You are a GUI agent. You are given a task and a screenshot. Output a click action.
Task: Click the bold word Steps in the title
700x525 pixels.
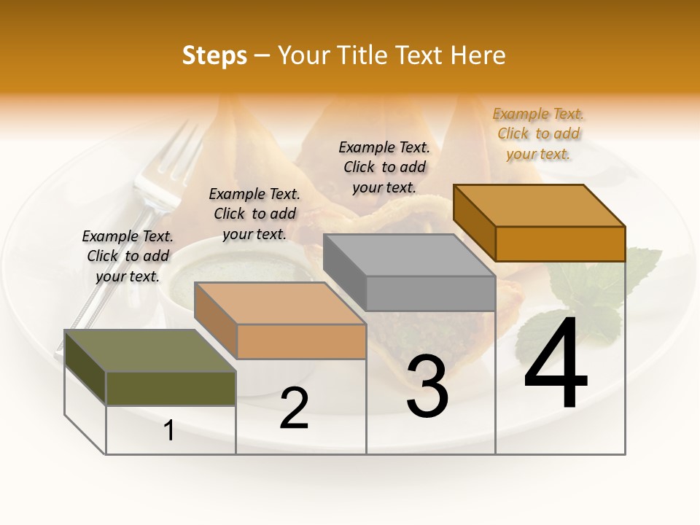point(214,55)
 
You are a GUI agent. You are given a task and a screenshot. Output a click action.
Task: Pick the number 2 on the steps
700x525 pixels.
point(294,408)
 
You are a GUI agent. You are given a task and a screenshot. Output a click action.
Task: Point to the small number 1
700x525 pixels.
point(169,431)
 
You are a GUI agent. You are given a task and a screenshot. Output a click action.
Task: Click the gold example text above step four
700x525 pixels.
point(538,133)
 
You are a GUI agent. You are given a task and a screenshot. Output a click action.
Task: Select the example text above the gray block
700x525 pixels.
point(384,167)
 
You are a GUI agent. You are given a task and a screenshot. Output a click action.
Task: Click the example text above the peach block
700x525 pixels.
point(254,214)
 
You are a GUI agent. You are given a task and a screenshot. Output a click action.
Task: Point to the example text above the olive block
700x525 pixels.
point(128,256)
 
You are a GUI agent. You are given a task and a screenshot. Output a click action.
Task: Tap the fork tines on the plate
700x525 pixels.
point(172,157)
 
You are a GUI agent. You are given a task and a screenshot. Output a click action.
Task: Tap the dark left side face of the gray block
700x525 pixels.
point(344,272)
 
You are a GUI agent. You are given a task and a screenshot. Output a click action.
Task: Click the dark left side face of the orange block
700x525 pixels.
point(474,222)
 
